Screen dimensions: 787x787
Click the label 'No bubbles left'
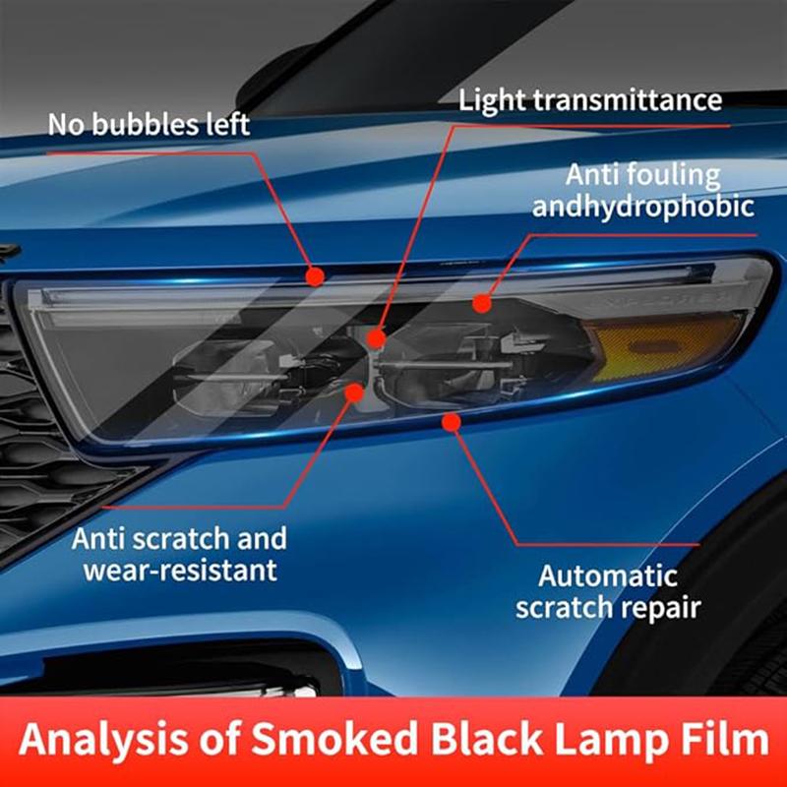coord(150,125)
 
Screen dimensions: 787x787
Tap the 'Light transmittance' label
coord(590,100)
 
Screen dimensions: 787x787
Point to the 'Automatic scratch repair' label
coord(608,590)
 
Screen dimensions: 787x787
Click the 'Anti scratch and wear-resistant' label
coord(179,554)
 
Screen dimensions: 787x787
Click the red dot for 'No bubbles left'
coord(315,276)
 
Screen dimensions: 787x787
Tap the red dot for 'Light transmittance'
coord(376,339)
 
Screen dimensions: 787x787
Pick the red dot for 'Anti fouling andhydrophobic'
coord(481,303)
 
